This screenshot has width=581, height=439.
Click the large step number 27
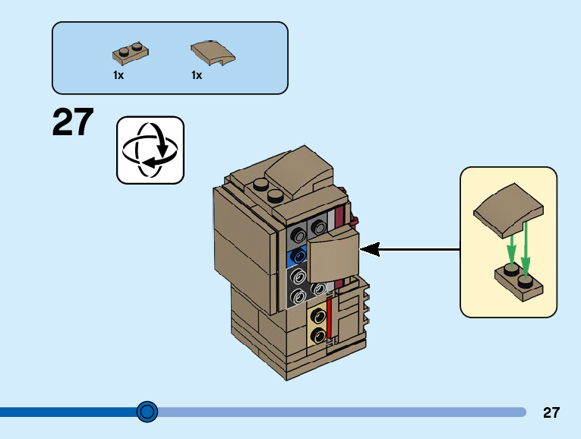tap(73, 122)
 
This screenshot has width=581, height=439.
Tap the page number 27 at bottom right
tap(551, 412)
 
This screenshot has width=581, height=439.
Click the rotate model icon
tap(150, 150)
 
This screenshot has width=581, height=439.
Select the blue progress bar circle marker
tap(147, 412)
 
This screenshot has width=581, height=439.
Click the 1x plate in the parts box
tap(131, 53)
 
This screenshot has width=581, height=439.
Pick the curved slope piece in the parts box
tap(213, 53)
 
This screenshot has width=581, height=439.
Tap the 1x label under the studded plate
tap(118, 76)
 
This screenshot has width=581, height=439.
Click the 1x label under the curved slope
tap(197, 76)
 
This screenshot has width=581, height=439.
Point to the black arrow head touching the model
tap(370, 249)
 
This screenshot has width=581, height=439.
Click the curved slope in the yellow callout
tap(508, 210)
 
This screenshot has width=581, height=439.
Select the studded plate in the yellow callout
tap(519, 283)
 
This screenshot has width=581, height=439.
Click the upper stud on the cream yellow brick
tap(318, 317)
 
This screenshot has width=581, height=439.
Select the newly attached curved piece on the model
tap(333, 255)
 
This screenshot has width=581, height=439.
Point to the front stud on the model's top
tap(275, 196)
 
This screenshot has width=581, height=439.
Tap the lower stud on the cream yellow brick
tap(318, 335)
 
